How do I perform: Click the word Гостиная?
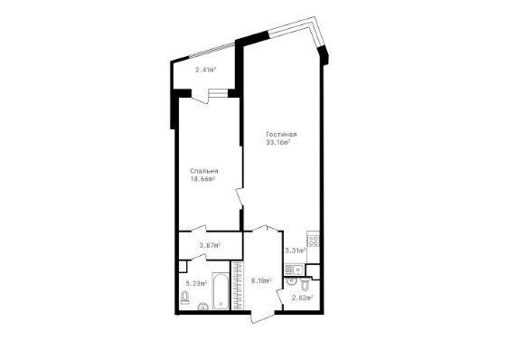tap(282, 134)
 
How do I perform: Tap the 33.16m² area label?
tap(278, 142)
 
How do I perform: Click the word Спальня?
tap(204, 171)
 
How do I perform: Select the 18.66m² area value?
tap(202, 179)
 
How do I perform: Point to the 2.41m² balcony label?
tap(205, 70)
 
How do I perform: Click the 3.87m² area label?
tap(210, 245)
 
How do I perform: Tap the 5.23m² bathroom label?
tap(196, 283)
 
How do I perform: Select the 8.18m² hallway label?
tap(261, 280)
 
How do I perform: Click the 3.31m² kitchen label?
tap(295, 251)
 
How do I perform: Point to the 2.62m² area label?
tap(303, 298)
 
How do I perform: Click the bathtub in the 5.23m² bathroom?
tap(221, 291)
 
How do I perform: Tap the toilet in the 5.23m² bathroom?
tap(185, 298)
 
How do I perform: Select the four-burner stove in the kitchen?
tap(314, 241)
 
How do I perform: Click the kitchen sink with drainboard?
tap(294, 270)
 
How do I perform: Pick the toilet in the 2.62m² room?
tap(305, 284)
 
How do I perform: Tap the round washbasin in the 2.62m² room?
tap(291, 281)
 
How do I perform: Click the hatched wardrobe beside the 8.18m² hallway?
tap(237, 286)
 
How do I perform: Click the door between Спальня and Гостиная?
tap(240, 198)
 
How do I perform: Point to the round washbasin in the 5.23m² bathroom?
tap(203, 307)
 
